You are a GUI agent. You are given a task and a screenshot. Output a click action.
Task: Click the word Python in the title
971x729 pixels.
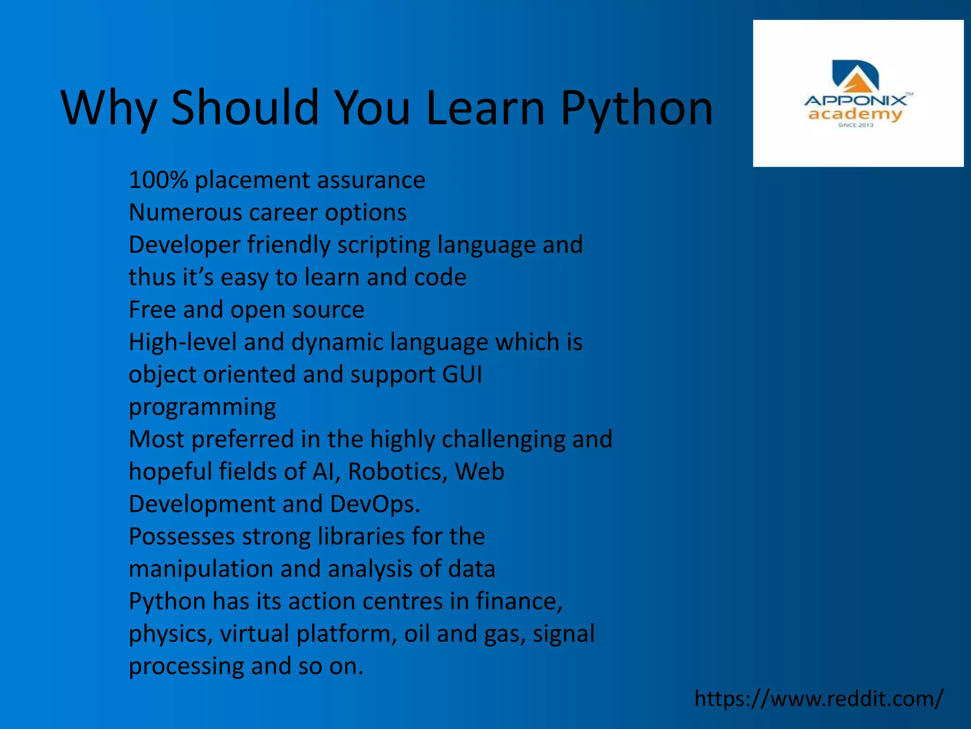tap(636, 109)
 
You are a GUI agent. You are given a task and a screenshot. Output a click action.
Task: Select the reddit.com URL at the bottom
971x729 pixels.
tap(819, 699)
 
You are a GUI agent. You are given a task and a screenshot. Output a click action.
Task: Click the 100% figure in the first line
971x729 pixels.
tap(158, 180)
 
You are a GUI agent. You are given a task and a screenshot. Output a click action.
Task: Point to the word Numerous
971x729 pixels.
tap(185, 213)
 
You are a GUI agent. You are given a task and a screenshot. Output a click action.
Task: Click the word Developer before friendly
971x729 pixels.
tap(184, 245)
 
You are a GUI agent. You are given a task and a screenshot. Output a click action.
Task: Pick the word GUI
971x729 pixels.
tap(462, 374)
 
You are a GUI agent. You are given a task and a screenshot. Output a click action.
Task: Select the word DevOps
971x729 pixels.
tap(374, 504)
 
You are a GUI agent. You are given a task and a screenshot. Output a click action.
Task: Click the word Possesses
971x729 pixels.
tap(182, 537)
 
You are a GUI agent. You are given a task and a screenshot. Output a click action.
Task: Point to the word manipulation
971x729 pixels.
tap(201, 569)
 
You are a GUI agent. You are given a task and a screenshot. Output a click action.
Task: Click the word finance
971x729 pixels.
tap(519, 601)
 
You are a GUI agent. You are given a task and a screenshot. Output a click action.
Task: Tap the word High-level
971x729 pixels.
tap(183, 342)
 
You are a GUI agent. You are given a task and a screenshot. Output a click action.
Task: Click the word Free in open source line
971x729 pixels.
tap(152, 310)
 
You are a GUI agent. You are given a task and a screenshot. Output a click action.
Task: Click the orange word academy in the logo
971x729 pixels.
tap(855, 114)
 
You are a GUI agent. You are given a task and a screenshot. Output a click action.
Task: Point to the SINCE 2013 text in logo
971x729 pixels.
tap(855, 125)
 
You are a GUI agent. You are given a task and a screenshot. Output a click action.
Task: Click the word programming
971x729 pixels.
tap(202, 407)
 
